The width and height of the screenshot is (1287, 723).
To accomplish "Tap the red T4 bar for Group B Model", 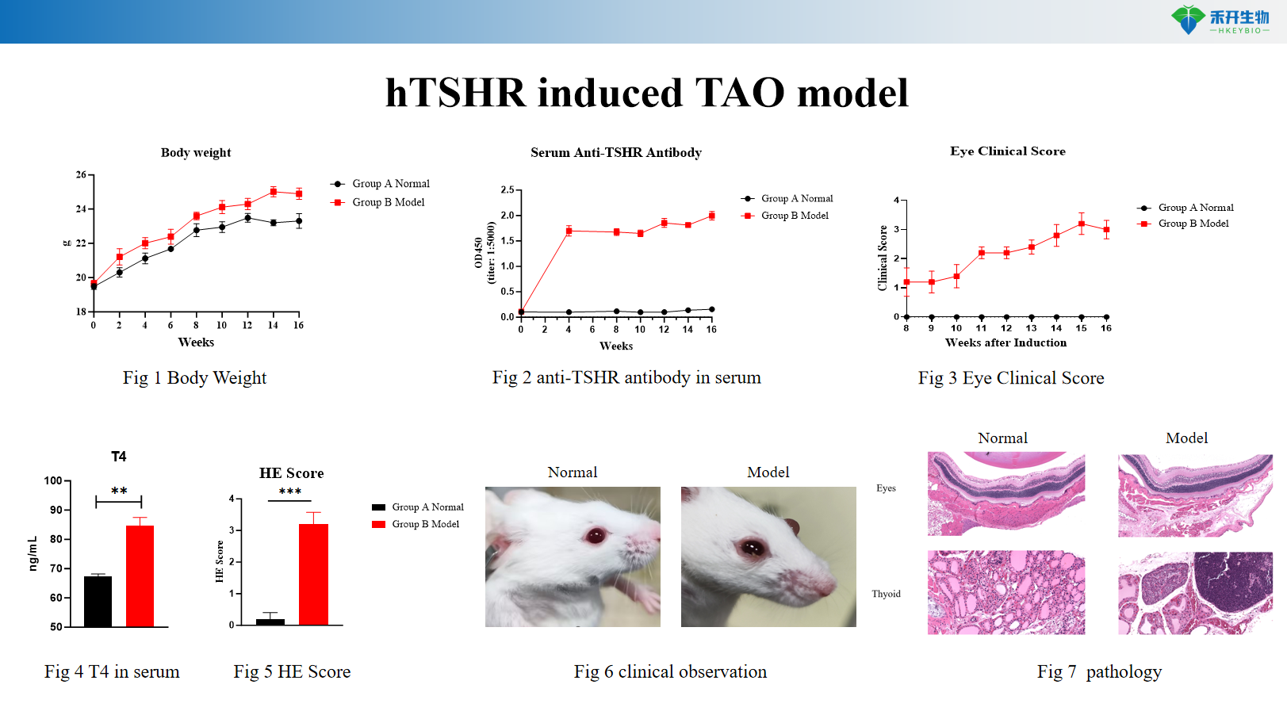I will pyautogui.click(x=140, y=576).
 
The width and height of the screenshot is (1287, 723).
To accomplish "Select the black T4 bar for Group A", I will pyautogui.click(x=98, y=601).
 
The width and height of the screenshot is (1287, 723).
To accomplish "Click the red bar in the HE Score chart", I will pyautogui.click(x=313, y=574).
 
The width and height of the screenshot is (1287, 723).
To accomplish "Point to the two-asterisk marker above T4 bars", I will pyautogui.click(x=119, y=492).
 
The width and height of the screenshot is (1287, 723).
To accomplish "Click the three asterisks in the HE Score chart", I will pyautogui.click(x=290, y=492).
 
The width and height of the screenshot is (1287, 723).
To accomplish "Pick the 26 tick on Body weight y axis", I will pyautogui.click(x=81, y=174).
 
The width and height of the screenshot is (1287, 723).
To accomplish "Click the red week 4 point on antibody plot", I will pyautogui.click(x=569, y=231).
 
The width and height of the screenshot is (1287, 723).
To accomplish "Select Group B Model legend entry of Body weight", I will pyautogui.click(x=388, y=202).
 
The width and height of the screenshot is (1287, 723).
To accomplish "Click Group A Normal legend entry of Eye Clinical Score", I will pyautogui.click(x=1195, y=208).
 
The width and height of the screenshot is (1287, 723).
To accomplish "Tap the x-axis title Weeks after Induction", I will pyautogui.click(x=1005, y=342).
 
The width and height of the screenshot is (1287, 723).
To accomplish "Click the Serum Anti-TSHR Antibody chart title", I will pyautogui.click(x=615, y=152).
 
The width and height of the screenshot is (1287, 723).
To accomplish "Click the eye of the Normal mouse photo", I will pyautogui.click(x=596, y=536).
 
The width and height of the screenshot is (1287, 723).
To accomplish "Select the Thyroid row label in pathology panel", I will pyautogui.click(x=886, y=594).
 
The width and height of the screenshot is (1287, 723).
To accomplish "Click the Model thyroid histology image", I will pyautogui.click(x=1195, y=592).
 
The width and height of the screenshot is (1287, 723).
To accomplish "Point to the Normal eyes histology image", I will pyautogui.click(x=1006, y=493).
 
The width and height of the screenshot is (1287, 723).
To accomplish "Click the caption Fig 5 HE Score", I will pyautogui.click(x=292, y=671).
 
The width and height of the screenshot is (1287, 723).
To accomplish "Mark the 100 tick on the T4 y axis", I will pyautogui.click(x=53, y=480).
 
